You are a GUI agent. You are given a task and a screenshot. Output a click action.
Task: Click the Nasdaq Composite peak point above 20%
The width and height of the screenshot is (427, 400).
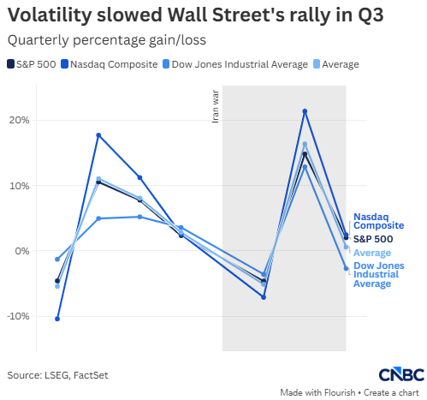pyautogui.click(x=305, y=111)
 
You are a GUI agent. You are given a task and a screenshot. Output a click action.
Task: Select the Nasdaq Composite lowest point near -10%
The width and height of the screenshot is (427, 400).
pyautogui.click(x=57, y=319)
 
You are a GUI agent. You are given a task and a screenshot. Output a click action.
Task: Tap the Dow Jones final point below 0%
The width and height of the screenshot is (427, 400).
pyautogui.click(x=346, y=268)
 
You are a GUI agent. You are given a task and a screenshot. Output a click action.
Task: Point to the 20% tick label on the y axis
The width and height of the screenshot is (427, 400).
pyautogui.click(x=19, y=120)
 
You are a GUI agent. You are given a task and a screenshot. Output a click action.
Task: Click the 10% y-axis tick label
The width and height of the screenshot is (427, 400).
pyautogui.click(x=19, y=186)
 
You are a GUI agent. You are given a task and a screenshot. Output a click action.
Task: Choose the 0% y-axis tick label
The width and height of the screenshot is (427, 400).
pyautogui.click(x=22, y=251)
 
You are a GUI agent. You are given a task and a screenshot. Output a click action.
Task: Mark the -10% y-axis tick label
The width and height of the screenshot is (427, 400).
pyautogui.click(x=18, y=316)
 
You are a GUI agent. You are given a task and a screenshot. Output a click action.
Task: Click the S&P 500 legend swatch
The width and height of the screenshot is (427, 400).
pyautogui.click(x=10, y=64)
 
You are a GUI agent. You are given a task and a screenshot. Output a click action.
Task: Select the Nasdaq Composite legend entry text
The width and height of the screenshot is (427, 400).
pyautogui.click(x=114, y=64)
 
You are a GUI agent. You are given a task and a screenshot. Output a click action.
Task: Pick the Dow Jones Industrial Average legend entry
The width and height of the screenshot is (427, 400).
pyautogui.click(x=240, y=64)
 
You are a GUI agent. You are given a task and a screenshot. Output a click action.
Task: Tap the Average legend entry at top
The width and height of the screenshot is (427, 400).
pyautogui.click(x=341, y=64)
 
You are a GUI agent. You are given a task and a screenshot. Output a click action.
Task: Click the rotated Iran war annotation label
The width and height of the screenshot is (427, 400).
pyautogui.click(x=216, y=106)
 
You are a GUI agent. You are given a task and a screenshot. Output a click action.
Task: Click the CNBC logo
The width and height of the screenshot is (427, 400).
pyautogui.click(x=401, y=374)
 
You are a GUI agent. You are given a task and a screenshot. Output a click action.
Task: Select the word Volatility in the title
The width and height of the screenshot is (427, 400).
pyautogui.click(x=50, y=15)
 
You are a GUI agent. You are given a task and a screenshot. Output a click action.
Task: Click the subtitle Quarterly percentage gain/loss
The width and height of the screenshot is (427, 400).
pyautogui.click(x=107, y=40)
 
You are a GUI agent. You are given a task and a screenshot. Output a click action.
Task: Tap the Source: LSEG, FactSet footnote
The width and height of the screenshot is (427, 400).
pyautogui.click(x=57, y=375)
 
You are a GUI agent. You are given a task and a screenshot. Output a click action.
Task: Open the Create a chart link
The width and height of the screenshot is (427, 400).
pyautogui.click(x=391, y=392)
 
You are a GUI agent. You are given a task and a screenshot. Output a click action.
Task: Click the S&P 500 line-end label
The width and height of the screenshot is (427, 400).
pyautogui.click(x=373, y=239)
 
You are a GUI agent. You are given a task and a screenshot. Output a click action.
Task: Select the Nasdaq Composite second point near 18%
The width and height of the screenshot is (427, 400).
pyautogui.click(x=98, y=135)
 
